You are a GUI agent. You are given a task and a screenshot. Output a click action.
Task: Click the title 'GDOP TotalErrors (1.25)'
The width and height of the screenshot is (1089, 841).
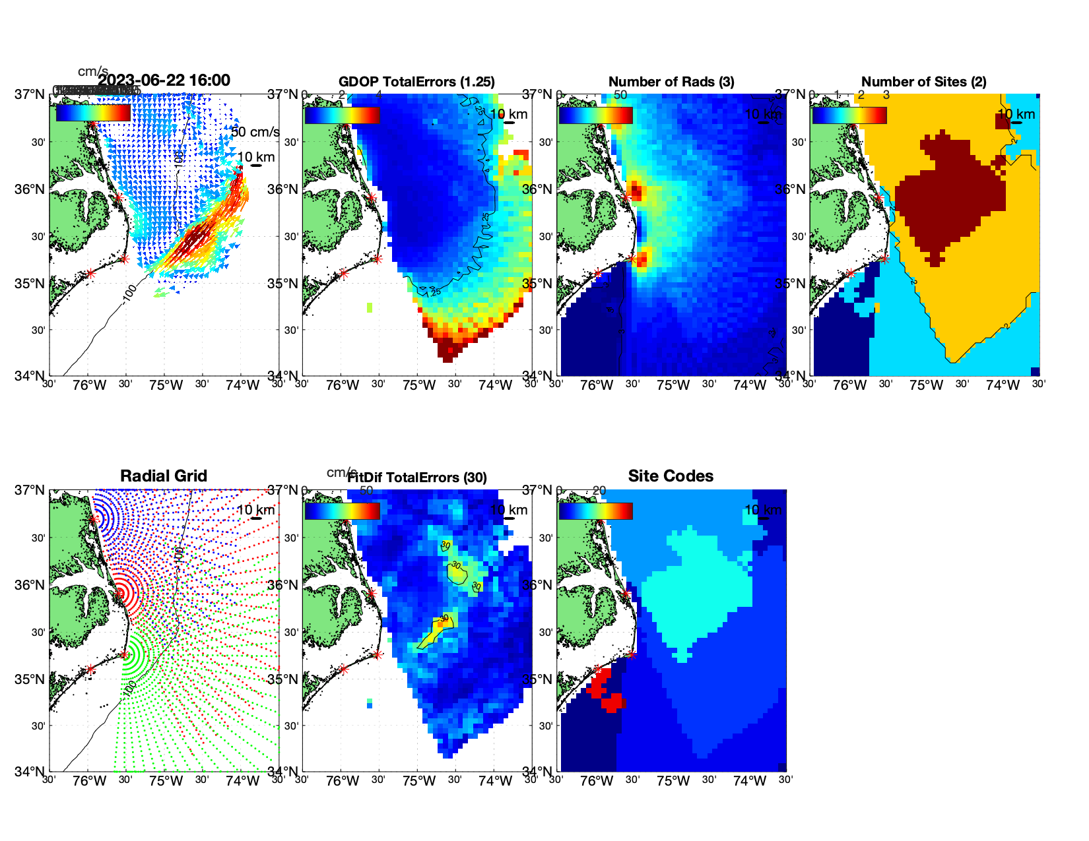pyautogui.click(x=416, y=82)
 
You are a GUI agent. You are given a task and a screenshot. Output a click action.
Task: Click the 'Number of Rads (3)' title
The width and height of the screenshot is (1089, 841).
pyautogui.click(x=671, y=82)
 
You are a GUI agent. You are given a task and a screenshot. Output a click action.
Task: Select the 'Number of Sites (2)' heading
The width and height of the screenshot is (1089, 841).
pyautogui.click(x=923, y=82)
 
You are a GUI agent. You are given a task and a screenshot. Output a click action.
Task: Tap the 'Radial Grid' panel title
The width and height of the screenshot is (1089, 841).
pyautogui.click(x=164, y=476)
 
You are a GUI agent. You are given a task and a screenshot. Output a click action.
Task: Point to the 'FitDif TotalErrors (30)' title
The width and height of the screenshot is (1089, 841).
pyautogui.click(x=417, y=478)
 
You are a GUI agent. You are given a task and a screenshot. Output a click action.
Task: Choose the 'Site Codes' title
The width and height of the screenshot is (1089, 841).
pyautogui.click(x=671, y=476)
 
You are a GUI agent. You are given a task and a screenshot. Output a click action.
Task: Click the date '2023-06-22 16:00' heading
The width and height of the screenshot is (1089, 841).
pyautogui.click(x=164, y=80)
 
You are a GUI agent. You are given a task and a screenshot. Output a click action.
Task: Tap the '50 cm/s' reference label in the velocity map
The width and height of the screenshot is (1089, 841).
pyautogui.click(x=255, y=132)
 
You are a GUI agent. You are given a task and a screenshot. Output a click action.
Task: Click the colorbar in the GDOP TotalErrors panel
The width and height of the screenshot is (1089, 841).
pyautogui.click(x=342, y=115)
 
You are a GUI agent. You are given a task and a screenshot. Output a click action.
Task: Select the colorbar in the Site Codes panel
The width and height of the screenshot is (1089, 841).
pyautogui.click(x=595, y=511)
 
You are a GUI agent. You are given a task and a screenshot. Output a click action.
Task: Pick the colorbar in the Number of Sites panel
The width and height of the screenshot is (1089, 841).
pyautogui.click(x=849, y=115)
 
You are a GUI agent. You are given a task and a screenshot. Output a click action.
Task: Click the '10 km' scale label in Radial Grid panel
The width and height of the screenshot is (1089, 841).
pyautogui.click(x=255, y=510)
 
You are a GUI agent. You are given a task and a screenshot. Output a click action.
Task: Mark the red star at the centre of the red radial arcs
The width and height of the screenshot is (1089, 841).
pyautogui.click(x=120, y=592)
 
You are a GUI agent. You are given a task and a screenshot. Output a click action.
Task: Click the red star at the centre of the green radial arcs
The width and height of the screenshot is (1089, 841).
pyautogui.click(x=124, y=655)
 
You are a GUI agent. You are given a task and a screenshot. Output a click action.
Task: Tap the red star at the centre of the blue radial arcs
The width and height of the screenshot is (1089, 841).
pyautogui.click(x=94, y=519)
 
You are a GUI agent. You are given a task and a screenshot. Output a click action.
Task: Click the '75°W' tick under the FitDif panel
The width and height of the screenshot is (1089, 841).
pyautogui.click(x=419, y=782)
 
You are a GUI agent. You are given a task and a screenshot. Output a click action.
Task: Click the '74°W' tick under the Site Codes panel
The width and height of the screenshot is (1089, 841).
pyautogui.click(x=750, y=782)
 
